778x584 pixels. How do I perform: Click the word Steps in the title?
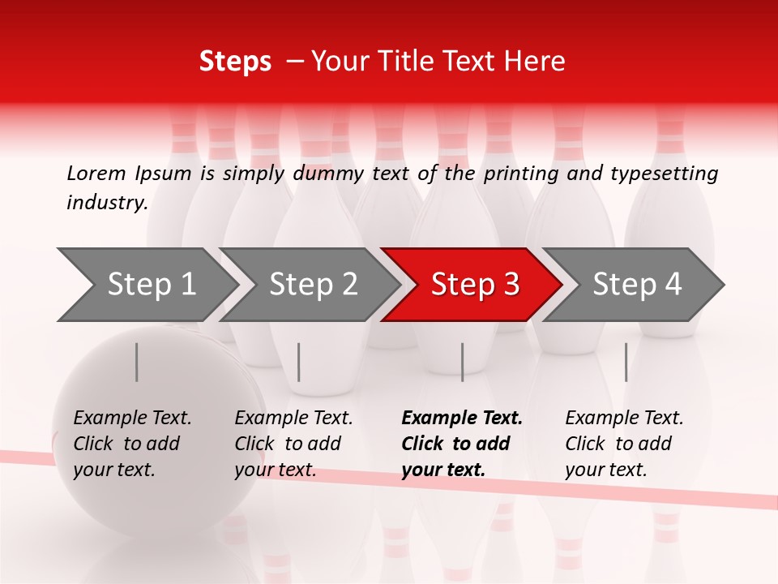235,62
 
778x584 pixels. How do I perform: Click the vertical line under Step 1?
137,362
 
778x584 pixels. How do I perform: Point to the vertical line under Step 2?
299,362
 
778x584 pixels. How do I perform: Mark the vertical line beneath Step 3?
462,362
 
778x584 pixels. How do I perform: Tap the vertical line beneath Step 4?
626,362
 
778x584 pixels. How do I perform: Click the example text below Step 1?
131,444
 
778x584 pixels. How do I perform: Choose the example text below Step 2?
293,444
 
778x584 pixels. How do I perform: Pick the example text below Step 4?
623,444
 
